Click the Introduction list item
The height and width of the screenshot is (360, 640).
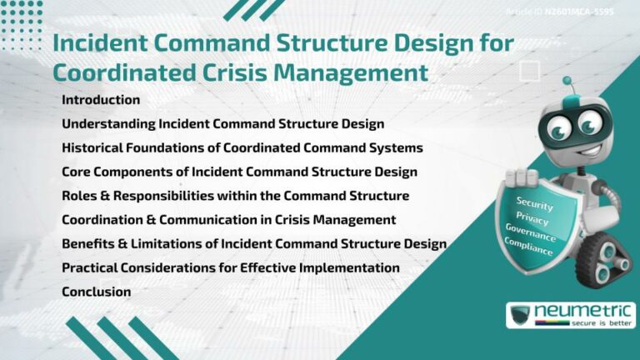coord(101,100)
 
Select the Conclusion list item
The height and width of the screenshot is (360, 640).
coord(96,292)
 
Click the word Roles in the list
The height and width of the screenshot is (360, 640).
coord(79,196)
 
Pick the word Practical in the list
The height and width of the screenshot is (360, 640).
coord(91,267)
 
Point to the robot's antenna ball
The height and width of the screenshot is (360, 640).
coord(567,82)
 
